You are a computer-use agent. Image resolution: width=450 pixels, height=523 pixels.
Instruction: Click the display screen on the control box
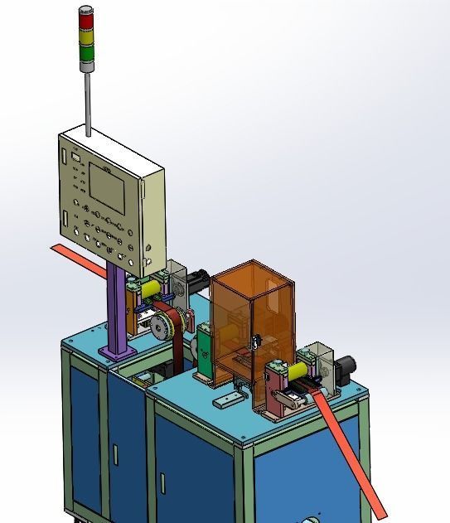click(107, 189)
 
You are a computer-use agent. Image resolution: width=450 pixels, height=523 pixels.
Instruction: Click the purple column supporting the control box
click(118, 307)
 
